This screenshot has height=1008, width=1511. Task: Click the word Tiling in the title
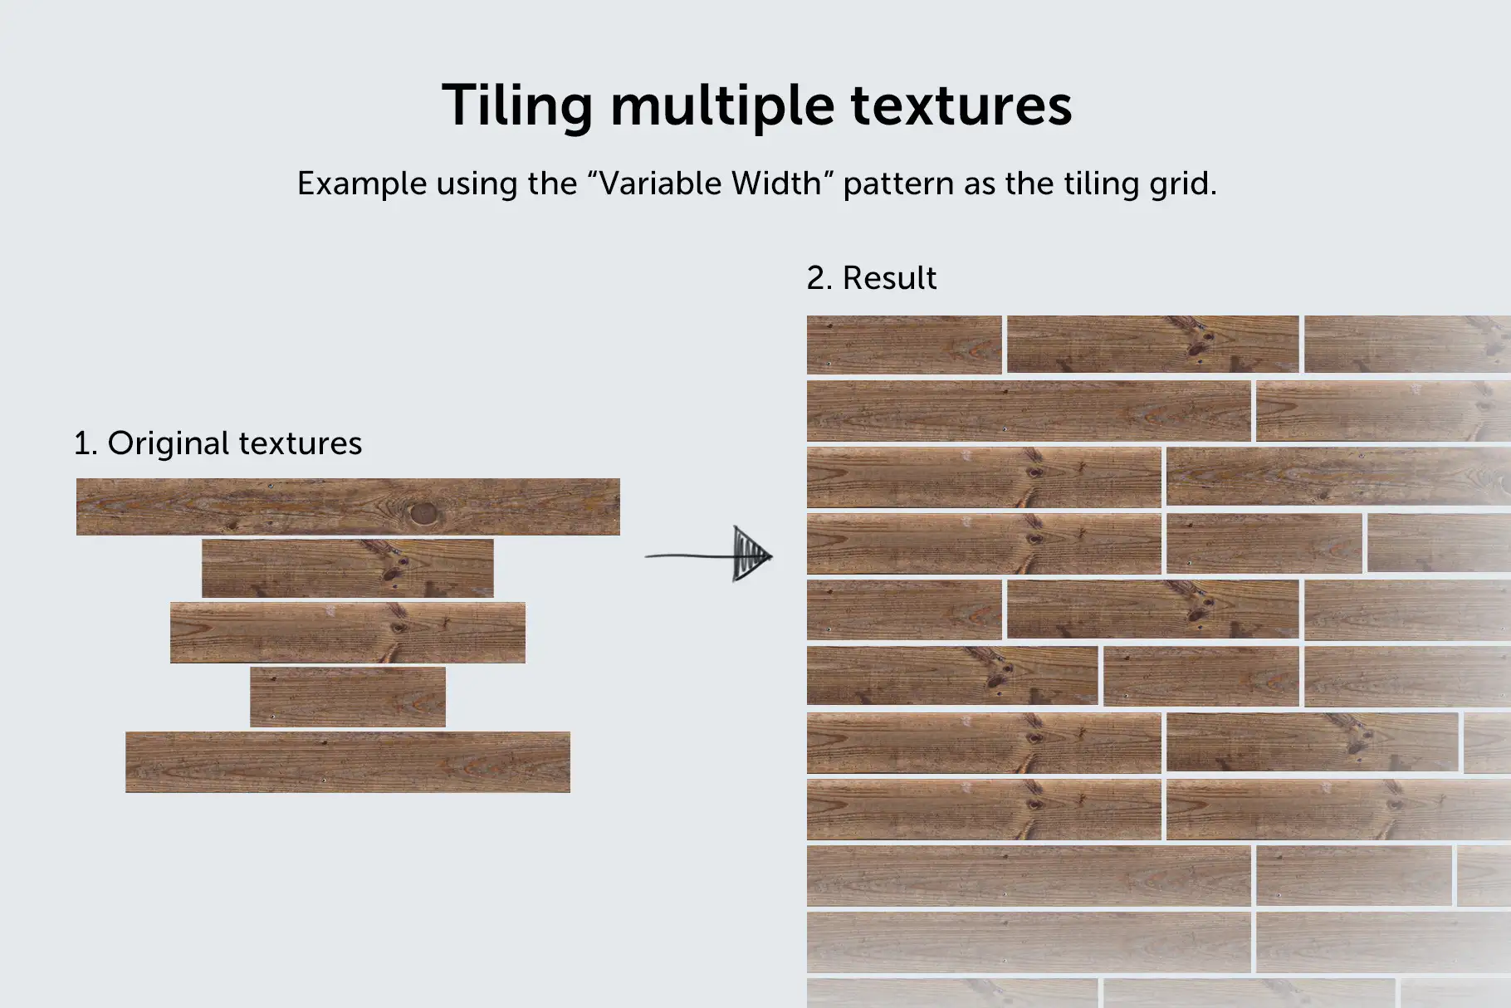click(x=516, y=106)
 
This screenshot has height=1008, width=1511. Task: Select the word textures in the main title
click(x=961, y=106)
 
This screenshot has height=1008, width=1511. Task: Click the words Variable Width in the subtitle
click(x=711, y=183)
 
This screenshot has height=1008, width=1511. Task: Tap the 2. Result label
click(x=871, y=277)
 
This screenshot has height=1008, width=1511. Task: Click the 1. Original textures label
click(x=218, y=443)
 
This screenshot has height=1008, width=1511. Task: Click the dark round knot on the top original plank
click(x=423, y=513)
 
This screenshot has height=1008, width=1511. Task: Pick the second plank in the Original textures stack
click(x=347, y=568)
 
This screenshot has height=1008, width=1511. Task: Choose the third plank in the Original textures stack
click(x=347, y=632)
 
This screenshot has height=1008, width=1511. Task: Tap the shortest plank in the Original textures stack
click(x=347, y=697)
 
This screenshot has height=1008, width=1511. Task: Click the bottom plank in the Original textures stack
click(x=347, y=761)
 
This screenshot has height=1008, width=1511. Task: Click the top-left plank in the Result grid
click(x=904, y=344)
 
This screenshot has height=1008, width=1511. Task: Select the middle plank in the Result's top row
click(x=1152, y=344)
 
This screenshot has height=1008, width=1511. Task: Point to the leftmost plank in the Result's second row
click(x=1028, y=410)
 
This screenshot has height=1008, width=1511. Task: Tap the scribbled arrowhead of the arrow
click(x=751, y=554)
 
